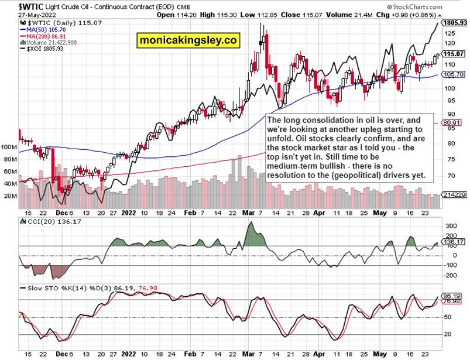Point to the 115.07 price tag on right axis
coord(454,54)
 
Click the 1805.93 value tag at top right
coord(454,23)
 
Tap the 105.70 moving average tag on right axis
coord(454,74)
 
